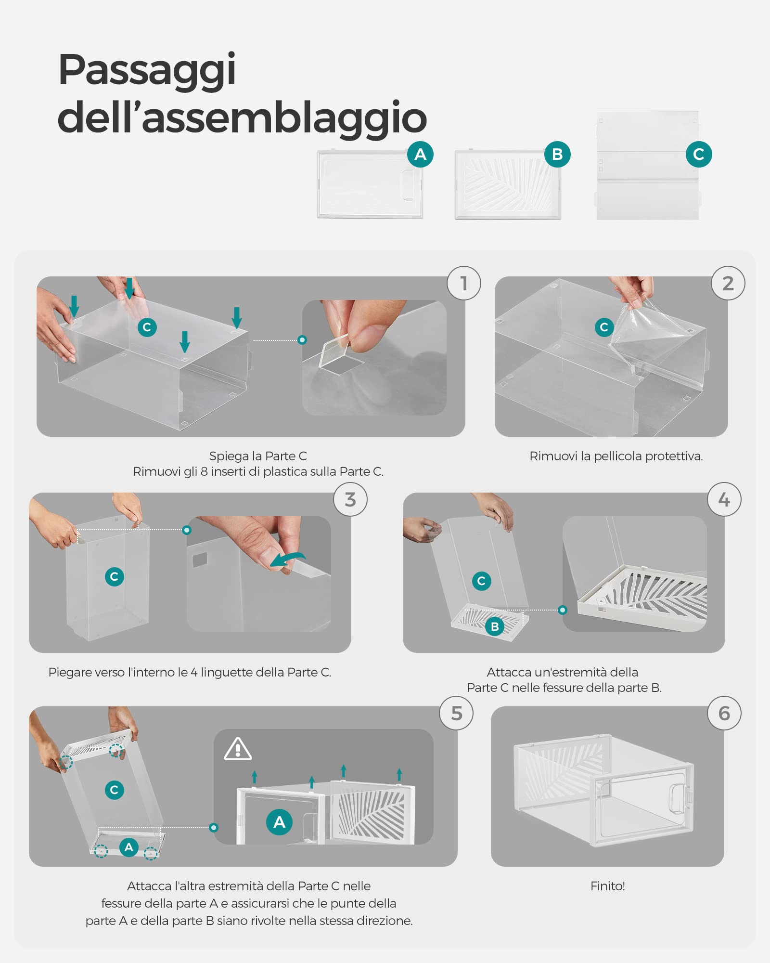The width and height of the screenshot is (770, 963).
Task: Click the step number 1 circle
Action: click(x=464, y=283)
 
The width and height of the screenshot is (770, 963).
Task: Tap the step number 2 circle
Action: click(x=728, y=283)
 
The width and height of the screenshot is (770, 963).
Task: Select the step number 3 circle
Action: click(x=350, y=499)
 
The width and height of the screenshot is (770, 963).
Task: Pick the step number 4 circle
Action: click(x=724, y=499)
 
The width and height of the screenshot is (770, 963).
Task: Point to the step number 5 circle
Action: click(x=456, y=713)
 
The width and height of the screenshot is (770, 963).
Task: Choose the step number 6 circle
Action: click(x=724, y=713)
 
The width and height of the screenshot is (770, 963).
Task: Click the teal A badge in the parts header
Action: click(x=420, y=154)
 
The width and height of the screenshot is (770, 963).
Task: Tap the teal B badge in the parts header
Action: click(x=557, y=154)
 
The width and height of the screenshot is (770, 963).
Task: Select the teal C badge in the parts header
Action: click(x=699, y=154)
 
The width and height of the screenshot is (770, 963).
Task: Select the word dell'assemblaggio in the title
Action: click(x=242, y=117)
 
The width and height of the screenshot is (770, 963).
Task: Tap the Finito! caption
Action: click(x=607, y=886)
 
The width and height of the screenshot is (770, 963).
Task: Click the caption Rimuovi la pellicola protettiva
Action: click(x=616, y=456)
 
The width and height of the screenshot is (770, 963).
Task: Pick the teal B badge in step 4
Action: click(x=495, y=626)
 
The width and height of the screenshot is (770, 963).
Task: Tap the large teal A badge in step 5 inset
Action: click(x=279, y=822)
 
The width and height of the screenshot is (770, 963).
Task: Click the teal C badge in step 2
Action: click(x=604, y=327)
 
